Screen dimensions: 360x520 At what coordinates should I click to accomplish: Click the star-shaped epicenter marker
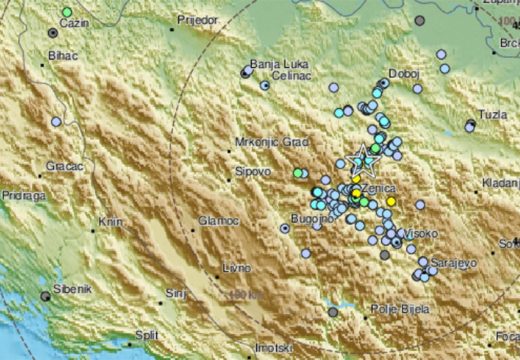point(364,159)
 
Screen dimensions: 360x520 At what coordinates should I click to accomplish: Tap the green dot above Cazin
point(66,12)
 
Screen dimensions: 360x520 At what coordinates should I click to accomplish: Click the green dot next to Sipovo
point(297,174)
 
